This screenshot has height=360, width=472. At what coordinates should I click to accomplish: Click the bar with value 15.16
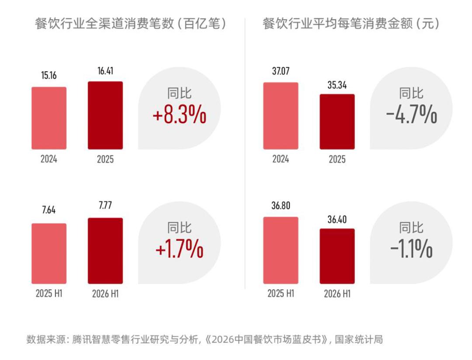coord(49,118)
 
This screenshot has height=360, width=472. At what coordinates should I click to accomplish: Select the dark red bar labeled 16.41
coord(105,115)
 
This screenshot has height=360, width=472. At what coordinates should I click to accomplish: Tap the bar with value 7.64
coord(49,253)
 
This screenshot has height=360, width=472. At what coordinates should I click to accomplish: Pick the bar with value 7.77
coord(105,251)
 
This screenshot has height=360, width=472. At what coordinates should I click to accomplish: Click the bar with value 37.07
coord(281,116)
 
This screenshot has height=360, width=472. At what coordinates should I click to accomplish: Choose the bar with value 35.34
coord(337,121)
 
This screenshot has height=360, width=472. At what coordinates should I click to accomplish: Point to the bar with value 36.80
coord(281,250)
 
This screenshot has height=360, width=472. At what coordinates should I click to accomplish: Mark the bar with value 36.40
coord(337,256)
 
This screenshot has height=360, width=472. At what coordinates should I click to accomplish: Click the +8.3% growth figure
coord(180,114)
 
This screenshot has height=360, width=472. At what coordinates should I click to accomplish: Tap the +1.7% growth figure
coord(180,249)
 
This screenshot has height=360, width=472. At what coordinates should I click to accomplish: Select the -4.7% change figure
coord(412,114)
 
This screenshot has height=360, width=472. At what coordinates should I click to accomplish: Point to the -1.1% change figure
coord(412,249)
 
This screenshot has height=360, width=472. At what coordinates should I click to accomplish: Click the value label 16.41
coord(105,71)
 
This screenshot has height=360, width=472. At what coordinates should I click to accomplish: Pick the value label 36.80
coord(281,206)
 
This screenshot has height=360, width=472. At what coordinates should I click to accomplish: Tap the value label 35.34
coord(337,85)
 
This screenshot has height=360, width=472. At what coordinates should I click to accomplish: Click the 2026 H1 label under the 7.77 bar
coord(105,294)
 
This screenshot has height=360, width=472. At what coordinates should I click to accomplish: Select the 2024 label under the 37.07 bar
coord(281,159)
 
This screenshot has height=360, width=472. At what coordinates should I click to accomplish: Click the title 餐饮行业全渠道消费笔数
coord(104,24)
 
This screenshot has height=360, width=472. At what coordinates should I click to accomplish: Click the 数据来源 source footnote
coord(205,339)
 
